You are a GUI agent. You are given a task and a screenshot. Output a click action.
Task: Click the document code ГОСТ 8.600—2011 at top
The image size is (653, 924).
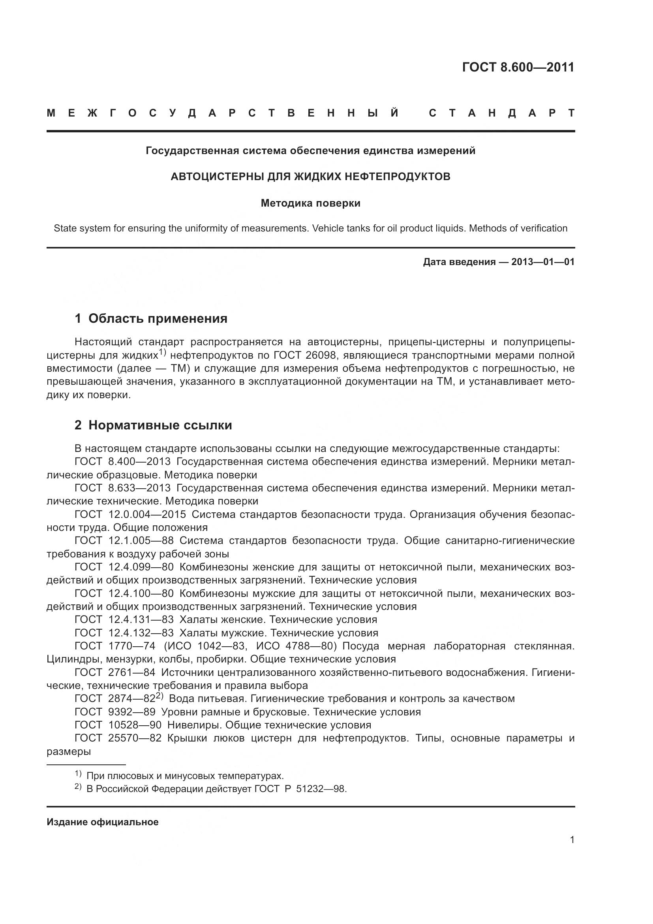click(x=518, y=67)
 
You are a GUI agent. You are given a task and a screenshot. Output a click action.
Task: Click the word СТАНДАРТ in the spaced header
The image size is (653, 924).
click(x=502, y=113)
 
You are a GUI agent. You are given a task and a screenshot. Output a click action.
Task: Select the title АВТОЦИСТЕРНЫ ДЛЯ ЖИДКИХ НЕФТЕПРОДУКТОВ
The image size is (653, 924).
click(x=310, y=177)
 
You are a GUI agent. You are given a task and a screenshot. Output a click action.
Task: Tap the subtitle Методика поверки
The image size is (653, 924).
click(x=310, y=203)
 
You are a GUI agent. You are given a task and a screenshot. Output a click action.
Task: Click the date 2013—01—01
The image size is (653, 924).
click(x=542, y=262)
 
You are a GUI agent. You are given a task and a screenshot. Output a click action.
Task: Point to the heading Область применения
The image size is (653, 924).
click(x=158, y=318)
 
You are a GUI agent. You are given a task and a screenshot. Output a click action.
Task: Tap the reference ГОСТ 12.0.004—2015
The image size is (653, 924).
click(x=130, y=514)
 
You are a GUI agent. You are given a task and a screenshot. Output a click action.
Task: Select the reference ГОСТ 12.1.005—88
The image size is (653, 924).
click(x=124, y=540)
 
